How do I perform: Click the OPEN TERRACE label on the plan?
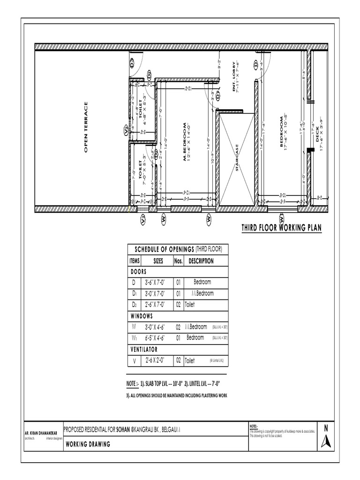(x=86, y=127)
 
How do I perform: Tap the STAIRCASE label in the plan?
(x=238, y=158)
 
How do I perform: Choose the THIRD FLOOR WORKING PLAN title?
(x=281, y=228)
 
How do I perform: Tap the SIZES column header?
(x=158, y=261)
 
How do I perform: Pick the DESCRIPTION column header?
(x=201, y=261)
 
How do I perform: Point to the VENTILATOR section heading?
(x=143, y=350)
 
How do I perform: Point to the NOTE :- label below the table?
(x=133, y=383)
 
